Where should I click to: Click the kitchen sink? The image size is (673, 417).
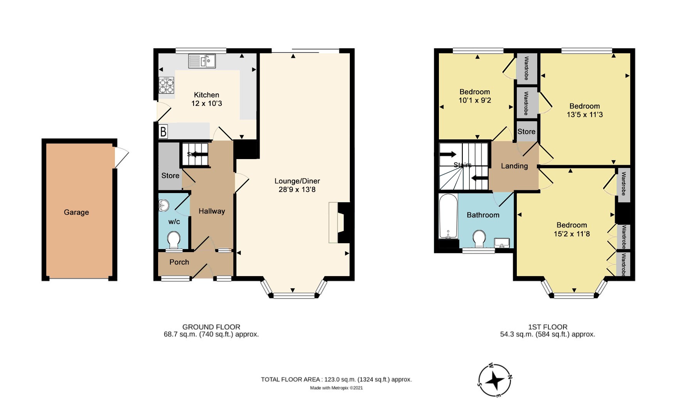[202, 61]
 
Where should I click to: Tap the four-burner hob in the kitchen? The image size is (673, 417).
[166, 85]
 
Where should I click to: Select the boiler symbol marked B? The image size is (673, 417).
[163, 132]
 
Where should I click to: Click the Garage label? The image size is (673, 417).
[76, 212]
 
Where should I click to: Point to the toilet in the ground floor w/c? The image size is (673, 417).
[174, 240]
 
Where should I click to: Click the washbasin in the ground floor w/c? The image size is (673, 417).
[164, 205]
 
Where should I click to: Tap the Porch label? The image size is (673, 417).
[179, 262]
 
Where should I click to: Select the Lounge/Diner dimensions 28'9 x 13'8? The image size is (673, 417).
[297, 190]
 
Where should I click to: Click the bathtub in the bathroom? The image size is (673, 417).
[448, 216]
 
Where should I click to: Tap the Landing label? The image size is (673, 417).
[514, 166]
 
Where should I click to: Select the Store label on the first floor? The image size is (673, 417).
[526, 132]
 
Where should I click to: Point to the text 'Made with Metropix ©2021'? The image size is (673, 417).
[336, 388]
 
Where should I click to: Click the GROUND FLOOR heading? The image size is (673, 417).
[211, 327]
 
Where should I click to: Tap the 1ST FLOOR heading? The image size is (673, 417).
[548, 327]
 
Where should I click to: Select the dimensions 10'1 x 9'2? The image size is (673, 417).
[475, 100]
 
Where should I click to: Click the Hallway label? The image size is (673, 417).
[212, 211]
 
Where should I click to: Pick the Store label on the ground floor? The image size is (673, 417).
[170, 176]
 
